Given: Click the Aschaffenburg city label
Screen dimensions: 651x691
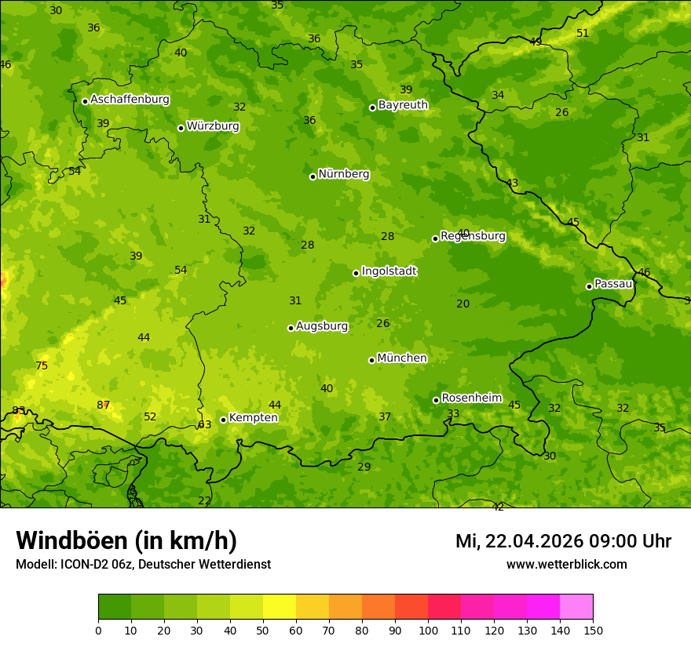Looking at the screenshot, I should pos(130,100).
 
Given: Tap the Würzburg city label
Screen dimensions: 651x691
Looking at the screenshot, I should pos(213,126).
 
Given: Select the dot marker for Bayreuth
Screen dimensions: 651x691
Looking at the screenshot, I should pos(372,107).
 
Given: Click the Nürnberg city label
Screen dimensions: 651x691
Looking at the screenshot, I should pos(343,174).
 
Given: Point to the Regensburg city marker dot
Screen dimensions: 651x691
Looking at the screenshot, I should pos(435,238).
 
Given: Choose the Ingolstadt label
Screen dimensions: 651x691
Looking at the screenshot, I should pos(389,271).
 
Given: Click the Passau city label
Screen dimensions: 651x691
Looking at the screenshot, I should pos(612,284).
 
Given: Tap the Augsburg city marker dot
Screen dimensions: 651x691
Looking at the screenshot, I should pos(291,328).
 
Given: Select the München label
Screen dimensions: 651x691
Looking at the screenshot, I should pos(402,358).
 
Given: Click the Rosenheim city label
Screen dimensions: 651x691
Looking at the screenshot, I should pos(471,398).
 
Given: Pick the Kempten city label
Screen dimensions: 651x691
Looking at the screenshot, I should pos(253,418).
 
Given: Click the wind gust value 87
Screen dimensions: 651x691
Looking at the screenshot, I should pos(103,405).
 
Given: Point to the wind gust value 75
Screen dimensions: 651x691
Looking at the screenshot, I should pos(42,366).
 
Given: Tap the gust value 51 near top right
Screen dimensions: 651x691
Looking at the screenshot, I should pos(583,33).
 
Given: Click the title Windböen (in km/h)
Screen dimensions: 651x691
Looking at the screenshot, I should pos(126,540).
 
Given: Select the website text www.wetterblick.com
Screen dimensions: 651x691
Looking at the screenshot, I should pos(566,564).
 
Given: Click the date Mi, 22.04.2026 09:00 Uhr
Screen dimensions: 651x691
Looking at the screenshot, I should pos(563,541).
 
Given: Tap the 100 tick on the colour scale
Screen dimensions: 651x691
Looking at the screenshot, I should pos(428,630).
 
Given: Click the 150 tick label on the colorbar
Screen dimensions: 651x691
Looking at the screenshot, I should pos(593,630).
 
